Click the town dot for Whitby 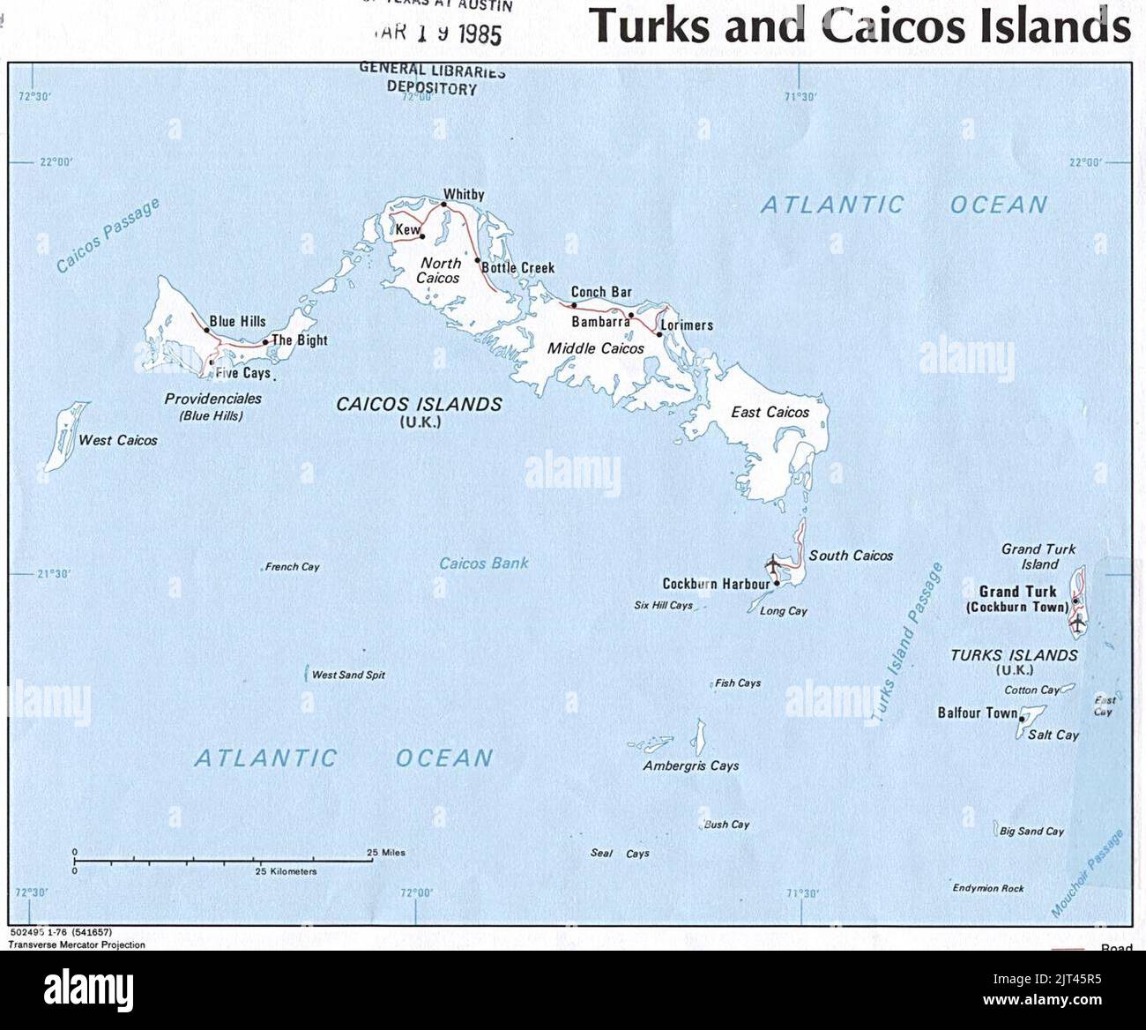[443, 205]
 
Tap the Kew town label [407, 230]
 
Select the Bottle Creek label [518, 267]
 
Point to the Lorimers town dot [659, 334]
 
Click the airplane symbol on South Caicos [774, 564]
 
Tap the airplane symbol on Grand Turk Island [1077, 623]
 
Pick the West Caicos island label [118, 440]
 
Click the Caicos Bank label [484, 563]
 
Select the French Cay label [293, 567]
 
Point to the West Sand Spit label [348, 675]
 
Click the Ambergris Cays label [690, 765]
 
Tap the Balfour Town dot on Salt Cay [1022, 719]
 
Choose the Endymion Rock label [988, 888]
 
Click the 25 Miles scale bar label [386, 853]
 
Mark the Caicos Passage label [108, 235]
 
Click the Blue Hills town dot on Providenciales [206, 330]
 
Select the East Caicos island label [770, 412]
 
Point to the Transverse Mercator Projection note [77, 944]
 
